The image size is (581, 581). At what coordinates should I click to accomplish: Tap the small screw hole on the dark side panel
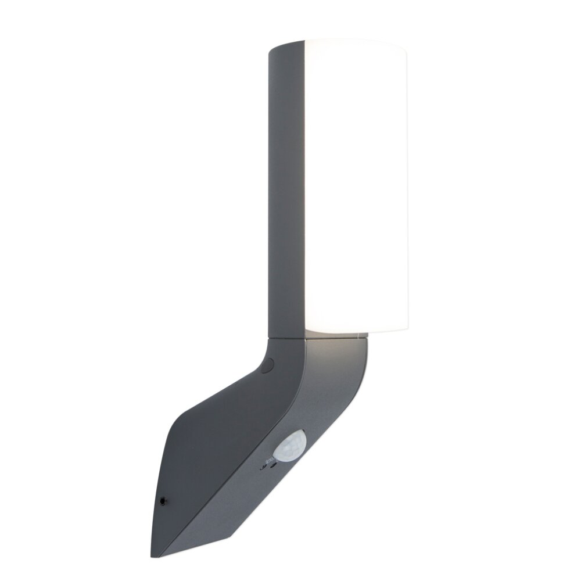coord(163,500)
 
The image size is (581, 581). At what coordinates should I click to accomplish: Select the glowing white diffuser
coord(356,186)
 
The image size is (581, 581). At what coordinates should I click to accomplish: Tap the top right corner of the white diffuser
coord(405,46)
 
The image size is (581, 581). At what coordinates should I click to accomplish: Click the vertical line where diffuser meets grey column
coord(305,186)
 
